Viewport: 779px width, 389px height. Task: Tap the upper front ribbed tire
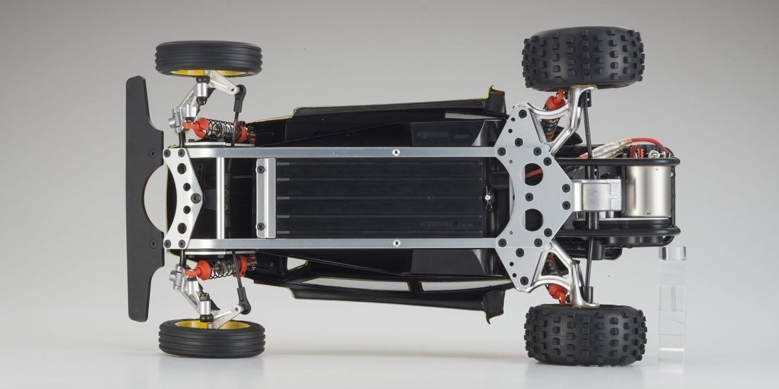click(208, 58)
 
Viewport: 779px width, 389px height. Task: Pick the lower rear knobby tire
click(584, 335)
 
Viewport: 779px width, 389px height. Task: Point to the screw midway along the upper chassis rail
click(396, 152)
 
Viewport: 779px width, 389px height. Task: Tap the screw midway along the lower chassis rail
click(396, 243)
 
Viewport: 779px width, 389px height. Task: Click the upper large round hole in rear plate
click(533, 173)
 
